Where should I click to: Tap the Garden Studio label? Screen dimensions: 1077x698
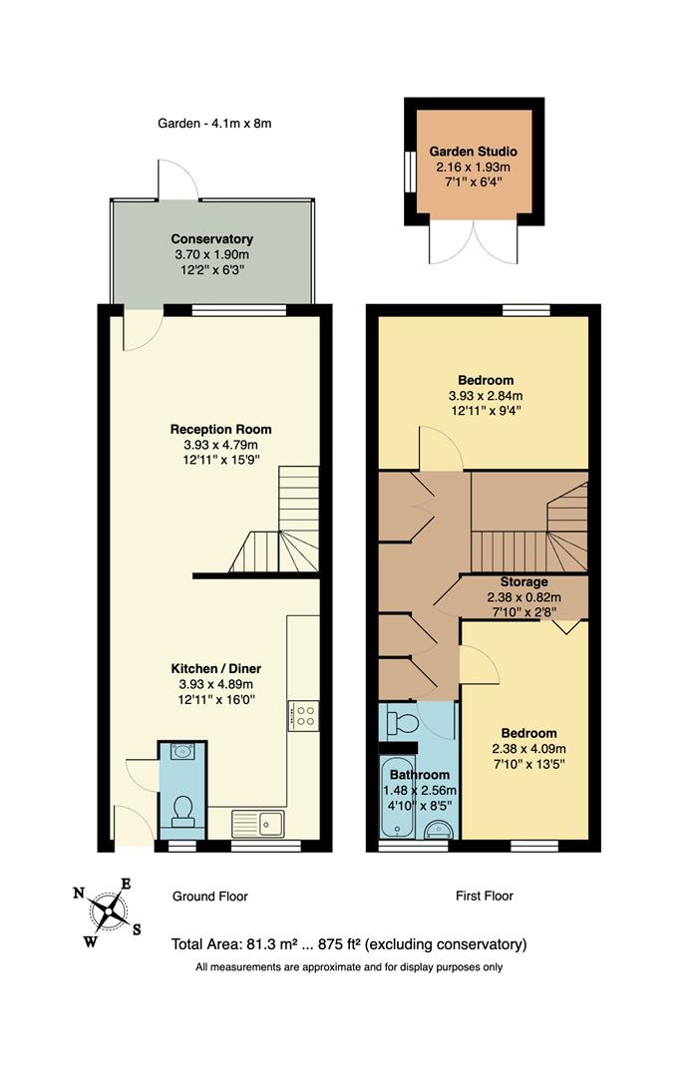click(x=474, y=151)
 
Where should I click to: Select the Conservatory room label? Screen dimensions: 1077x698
click(x=211, y=239)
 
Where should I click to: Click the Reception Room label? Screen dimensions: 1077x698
click(x=220, y=430)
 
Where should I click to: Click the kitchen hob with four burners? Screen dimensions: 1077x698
click(x=303, y=714)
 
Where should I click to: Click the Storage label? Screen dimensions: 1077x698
click(x=523, y=581)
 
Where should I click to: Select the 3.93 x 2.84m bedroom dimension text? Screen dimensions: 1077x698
click(x=486, y=395)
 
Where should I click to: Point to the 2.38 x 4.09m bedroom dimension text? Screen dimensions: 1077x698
click(x=528, y=749)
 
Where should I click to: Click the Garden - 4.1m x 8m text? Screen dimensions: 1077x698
click(x=214, y=124)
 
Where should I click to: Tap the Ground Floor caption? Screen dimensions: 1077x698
click(x=209, y=896)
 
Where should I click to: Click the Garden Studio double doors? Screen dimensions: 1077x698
click(x=475, y=240)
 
